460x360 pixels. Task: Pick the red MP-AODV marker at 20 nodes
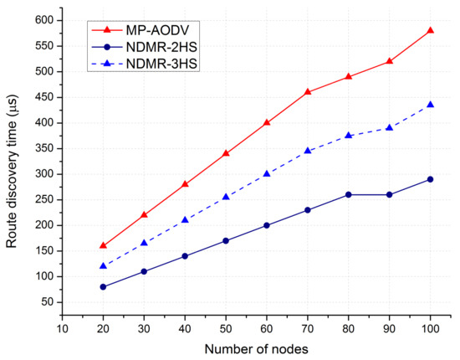(103, 245)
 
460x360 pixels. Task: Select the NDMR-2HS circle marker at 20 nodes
(103, 286)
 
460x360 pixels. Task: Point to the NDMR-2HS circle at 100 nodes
(430, 179)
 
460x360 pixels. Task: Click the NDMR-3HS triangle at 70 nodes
(308, 151)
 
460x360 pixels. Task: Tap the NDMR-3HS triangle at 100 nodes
(430, 105)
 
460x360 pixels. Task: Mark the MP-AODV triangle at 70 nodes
(308, 91)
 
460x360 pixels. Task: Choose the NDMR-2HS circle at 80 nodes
(349, 194)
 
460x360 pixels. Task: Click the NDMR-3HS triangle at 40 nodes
(185, 220)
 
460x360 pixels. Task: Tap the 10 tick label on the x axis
(62, 329)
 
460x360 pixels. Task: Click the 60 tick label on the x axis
(267, 329)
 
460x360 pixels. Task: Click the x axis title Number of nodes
(256, 348)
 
